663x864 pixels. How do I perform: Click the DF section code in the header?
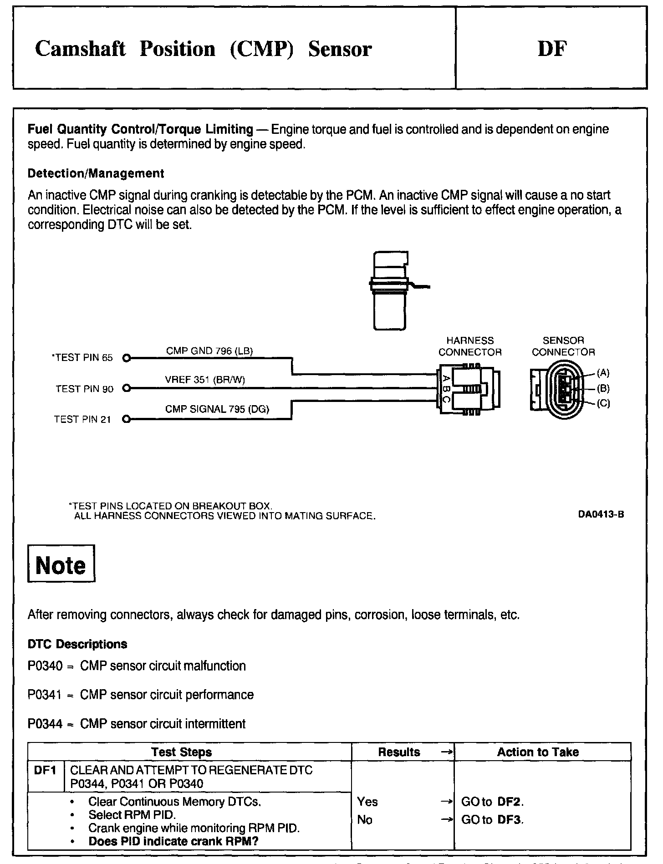pyautogui.click(x=552, y=49)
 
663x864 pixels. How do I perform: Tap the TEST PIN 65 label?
pyautogui.click(x=82, y=358)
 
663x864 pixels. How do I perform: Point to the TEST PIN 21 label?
pyautogui.click(x=82, y=420)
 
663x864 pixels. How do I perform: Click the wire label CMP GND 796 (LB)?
pyautogui.click(x=209, y=351)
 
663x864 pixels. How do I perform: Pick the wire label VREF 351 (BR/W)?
pyautogui.click(x=205, y=380)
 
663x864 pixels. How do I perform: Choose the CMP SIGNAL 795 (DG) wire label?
pyautogui.click(x=217, y=409)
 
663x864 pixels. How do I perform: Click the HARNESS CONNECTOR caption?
pyautogui.click(x=470, y=346)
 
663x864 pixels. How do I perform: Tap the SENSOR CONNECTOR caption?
pyautogui.click(x=563, y=346)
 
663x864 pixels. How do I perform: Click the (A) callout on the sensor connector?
pyautogui.click(x=603, y=373)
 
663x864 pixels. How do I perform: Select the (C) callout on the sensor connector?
pyautogui.click(x=603, y=403)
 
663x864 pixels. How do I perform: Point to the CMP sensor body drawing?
pyautogui.click(x=390, y=291)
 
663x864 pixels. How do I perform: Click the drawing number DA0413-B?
pyautogui.click(x=601, y=515)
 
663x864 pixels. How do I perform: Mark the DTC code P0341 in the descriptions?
pyautogui.click(x=45, y=695)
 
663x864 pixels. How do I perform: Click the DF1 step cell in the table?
pyautogui.click(x=46, y=771)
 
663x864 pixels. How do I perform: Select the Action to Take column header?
pyautogui.click(x=538, y=752)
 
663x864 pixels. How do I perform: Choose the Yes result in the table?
pyautogui.click(x=367, y=802)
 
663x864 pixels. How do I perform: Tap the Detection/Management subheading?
pyautogui.click(x=96, y=173)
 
